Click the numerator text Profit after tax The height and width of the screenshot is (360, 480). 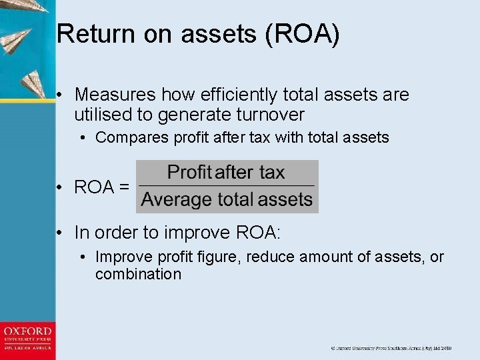226,173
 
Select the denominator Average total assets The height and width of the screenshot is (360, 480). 227,199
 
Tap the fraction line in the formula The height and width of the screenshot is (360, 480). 227,185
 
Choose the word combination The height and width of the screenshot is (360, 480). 138,274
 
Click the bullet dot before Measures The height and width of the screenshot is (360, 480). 60,95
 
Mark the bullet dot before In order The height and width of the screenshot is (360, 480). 60,233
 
